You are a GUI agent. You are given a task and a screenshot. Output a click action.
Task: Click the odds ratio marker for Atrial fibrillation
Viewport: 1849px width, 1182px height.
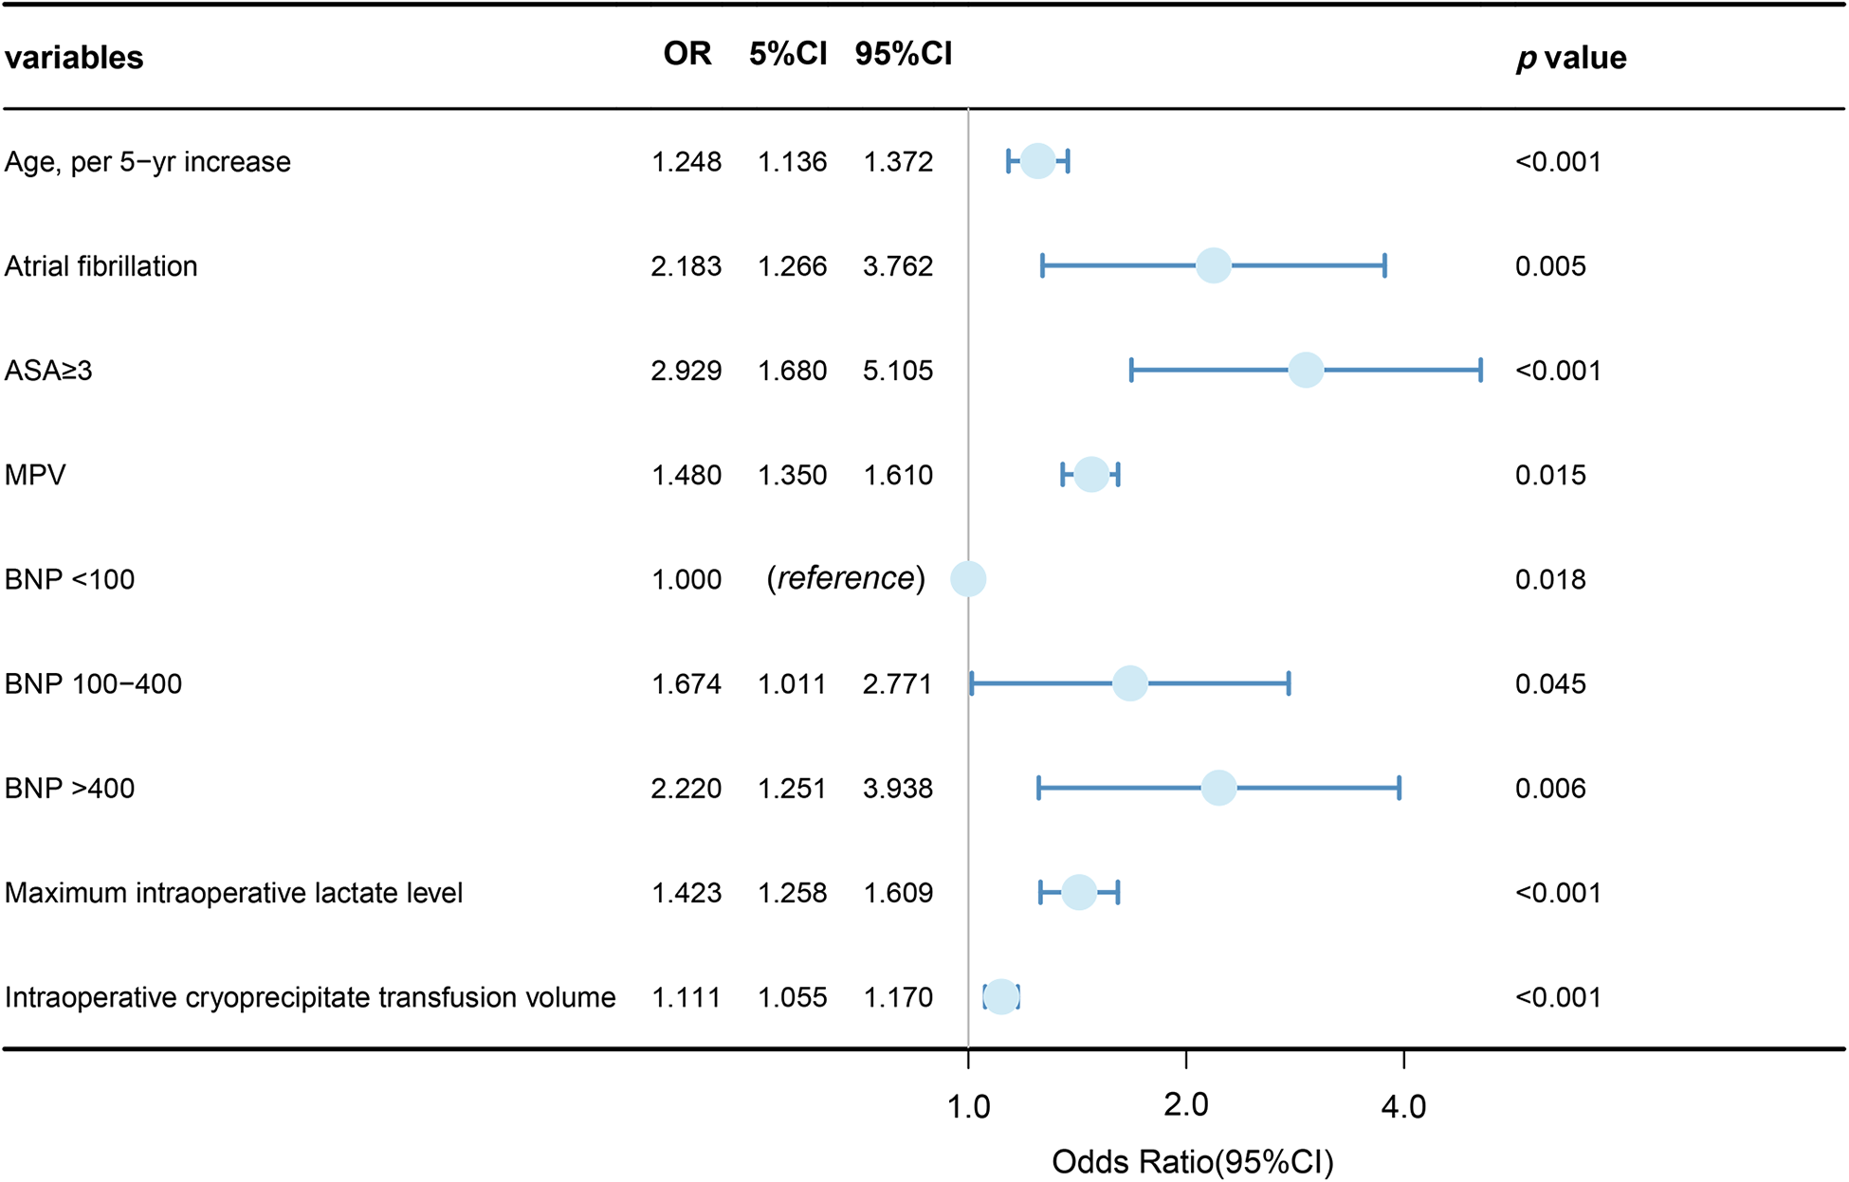pyautogui.click(x=1213, y=265)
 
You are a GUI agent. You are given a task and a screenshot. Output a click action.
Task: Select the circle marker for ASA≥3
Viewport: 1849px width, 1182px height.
pyautogui.click(x=1306, y=370)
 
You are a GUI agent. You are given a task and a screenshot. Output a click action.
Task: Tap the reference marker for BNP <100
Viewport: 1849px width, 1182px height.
pyautogui.click(x=968, y=578)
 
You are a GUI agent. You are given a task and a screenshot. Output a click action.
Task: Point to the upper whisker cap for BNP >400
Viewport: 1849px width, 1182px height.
pyautogui.click(x=1399, y=788)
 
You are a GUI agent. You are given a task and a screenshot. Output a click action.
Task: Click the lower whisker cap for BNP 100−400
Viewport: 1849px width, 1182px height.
pyautogui.click(x=972, y=683)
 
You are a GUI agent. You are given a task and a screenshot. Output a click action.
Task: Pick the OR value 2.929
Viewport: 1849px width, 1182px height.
pyautogui.click(x=686, y=371)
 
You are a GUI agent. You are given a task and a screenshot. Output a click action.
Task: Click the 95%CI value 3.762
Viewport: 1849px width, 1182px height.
pyautogui.click(x=897, y=266)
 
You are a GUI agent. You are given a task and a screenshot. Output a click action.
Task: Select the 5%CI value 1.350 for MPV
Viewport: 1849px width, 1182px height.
pyautogui.click(x=792, y=475)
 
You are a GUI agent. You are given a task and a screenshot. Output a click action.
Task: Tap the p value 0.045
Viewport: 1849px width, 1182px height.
pyautogui.click(x=1549, y=683)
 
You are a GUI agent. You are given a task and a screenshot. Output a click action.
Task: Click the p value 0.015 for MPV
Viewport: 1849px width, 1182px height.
pyautogui.click(x=1549, y=475)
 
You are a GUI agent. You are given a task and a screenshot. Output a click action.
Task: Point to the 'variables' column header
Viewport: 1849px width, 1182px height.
pyautogui.click(x=74, y=58)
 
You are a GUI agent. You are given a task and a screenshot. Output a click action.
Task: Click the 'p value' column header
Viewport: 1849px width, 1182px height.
pyautogui.click(x=1570, y=58)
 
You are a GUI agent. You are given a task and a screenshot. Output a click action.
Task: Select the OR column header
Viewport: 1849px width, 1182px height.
pyautogui.click(x=687, y=54)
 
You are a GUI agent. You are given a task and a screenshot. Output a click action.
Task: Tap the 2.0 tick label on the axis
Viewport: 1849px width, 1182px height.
pyautogui.click(x=1185, y=1105)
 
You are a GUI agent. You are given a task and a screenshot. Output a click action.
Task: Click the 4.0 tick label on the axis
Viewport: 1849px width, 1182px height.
pyautogui.click(x=1403, y=1105)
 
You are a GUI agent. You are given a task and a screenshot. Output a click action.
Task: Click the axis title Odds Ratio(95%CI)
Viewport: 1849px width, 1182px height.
pyautogui.click(x=1192, y=1161)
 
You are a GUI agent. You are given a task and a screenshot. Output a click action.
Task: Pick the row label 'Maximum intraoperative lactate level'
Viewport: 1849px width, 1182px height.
pyautogui.click(x=233, y=893)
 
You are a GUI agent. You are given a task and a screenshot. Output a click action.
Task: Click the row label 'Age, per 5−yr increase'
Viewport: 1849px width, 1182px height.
pyautogui.click(x=147, y=162)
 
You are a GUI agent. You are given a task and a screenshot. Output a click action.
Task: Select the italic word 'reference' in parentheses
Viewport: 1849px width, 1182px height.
pyautogui.click(x=846, y=578)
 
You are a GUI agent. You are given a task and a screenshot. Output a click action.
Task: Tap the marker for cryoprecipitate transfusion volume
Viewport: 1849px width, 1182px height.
pyautogui.click(x=1001, y=997)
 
